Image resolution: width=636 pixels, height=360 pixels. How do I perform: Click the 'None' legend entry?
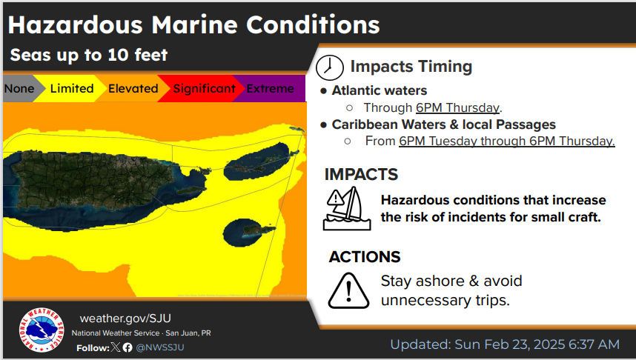19,88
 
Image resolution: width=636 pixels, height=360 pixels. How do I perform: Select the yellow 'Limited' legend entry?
72,88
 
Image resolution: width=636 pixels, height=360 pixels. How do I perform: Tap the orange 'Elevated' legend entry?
133,88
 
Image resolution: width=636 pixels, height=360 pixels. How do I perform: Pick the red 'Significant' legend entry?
204,88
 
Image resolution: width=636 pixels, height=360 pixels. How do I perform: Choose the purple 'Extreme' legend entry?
270,88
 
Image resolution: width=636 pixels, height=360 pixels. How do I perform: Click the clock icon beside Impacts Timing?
330,67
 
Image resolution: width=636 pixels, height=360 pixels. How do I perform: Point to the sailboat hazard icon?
347,208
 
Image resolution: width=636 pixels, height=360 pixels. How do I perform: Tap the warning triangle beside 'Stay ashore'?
348,290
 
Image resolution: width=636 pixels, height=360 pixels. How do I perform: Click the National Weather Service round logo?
42,330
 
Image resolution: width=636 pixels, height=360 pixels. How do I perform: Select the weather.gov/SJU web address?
125,319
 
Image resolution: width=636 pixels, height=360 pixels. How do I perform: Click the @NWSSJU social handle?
160,347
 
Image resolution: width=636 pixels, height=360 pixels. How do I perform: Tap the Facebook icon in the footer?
127,347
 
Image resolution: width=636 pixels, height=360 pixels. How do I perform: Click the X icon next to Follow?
116,347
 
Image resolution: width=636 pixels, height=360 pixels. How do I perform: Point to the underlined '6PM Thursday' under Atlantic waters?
457,108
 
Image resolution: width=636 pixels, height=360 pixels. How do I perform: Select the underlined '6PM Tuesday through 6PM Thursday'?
506,141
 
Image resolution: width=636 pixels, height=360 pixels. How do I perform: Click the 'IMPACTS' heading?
361,174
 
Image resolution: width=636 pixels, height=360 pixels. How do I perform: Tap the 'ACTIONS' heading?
365,257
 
